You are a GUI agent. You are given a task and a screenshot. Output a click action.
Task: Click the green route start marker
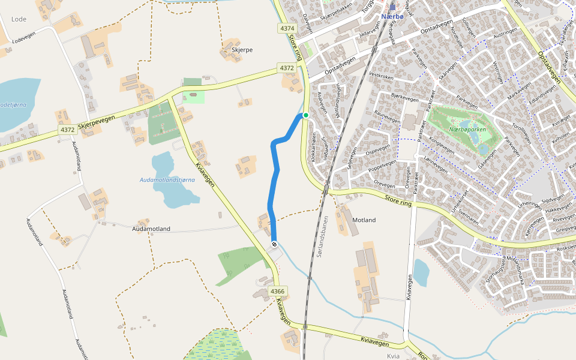[x=305, y=115]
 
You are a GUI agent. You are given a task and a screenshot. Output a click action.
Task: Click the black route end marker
[x=274, y=244]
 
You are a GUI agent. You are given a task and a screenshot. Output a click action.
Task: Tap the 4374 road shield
[x=287, y=28]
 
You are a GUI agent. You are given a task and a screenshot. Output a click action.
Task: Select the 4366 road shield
[x=277, y=292]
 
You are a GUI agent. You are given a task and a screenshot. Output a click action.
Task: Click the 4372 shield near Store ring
[x=287, y=68]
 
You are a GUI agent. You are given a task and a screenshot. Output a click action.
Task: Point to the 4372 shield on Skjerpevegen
[x=67, y=130]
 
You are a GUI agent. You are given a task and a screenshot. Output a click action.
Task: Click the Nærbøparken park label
[x=467, y=130]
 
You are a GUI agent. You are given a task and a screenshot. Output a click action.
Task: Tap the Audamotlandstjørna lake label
[x=167, y=179]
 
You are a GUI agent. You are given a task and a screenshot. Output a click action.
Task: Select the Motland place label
[x=364, y=220]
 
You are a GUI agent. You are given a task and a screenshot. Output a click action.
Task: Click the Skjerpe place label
[x=242, y=50]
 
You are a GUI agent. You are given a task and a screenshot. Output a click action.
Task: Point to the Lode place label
[x=19, y=19]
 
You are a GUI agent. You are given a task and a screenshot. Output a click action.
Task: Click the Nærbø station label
[x=392, y=17]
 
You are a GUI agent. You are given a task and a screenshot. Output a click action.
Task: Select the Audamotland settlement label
[x=151, y=229]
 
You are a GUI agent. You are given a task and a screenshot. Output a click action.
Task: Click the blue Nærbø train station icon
[x=392, y=8]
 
